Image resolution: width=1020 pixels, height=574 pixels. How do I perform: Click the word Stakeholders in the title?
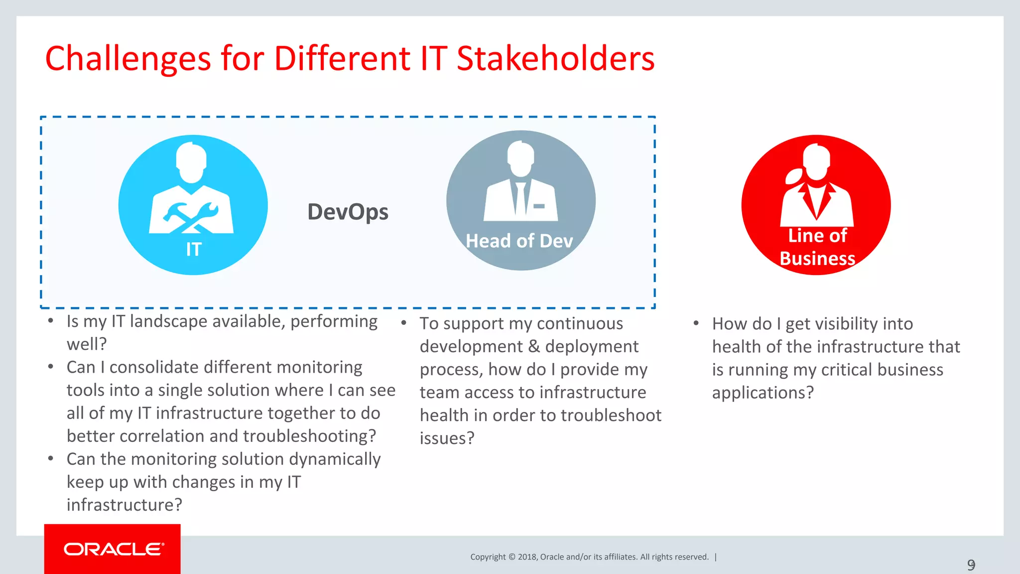(555, 59)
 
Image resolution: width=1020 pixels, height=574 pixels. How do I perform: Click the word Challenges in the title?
(128, 59)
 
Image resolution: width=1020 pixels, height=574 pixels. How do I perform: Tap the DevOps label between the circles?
(348, 212)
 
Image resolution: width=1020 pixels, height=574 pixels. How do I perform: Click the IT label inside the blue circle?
(193, 249)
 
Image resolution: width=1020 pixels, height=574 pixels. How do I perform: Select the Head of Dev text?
(519, 241)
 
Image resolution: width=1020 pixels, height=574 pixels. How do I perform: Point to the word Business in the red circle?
(817, 259)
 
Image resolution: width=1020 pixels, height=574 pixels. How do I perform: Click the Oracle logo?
(113, 549)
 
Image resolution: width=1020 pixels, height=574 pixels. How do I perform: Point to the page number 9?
(971, 565)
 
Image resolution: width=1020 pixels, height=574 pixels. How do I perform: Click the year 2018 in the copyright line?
(527, 557)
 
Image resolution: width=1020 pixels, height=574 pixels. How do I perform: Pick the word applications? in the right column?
(762, 393)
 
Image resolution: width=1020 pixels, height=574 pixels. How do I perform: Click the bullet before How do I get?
(696, 323)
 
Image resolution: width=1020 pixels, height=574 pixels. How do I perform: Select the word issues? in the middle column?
(447, 438)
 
